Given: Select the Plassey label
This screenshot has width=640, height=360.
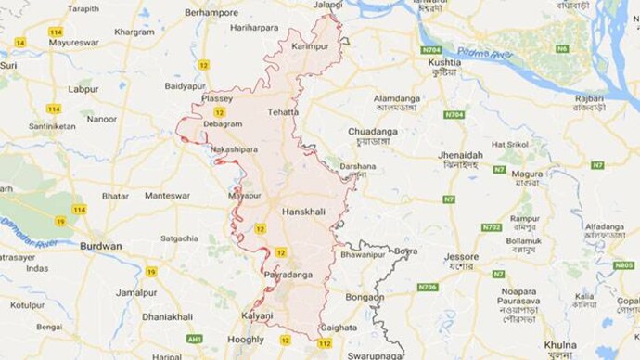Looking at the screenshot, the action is pyautogui.click(x=217, y=97).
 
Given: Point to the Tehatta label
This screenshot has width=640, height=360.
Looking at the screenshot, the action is pyautogui.click(x=284, y=112).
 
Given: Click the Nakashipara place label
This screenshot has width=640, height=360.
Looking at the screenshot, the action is pyautogui.click(x=233, y=148).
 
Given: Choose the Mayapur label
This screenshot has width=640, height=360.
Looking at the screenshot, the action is pyautogui.click(x=245, y=196).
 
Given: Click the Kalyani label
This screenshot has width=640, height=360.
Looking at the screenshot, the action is pyautogui.click(x=257, y=315).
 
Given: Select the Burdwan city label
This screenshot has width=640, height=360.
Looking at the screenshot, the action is pyautogui.click(x=100, y=246).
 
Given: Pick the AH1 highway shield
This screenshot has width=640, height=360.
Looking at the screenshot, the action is pyautogui.click(x=194, y=340).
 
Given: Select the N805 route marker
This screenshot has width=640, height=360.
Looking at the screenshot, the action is pyautogui.click(x=623, y=265).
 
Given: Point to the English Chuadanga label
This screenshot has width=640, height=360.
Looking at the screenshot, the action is pyautogui.click(x=373, y=132).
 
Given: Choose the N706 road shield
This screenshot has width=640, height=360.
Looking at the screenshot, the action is pyautogui.click(x=428, y=288).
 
